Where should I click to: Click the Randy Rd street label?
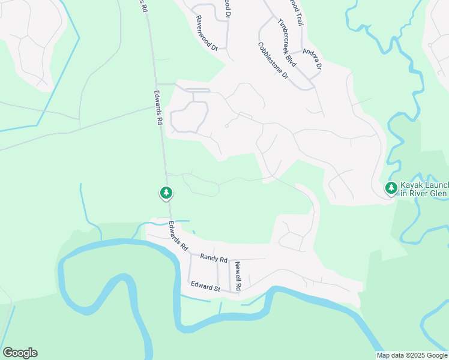(x=214, y=259)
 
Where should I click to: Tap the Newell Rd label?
(x=238, y=277)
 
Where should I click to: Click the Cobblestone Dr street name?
(x=273, y=61)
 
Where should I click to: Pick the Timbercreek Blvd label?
(x=288, y=41)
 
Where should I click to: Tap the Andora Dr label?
(x=313, y=58)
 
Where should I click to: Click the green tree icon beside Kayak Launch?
(x=391, y=188)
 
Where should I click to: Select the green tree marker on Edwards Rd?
(x=166, y=193)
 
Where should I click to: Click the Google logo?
(x=20, y=353)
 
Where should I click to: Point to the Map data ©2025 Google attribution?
(x=412, y=355)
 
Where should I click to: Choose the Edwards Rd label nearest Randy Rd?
(x=178, y=236)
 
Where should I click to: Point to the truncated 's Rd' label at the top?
(x=143, y=6)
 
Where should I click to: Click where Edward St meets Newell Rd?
(x=230, y=292)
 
